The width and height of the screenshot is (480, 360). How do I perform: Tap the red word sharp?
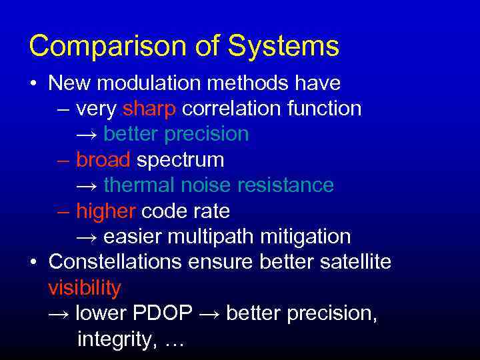click(149, 108)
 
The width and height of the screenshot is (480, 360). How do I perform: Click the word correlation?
click(231, 108)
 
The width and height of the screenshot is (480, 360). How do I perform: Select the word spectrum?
click(181, 159)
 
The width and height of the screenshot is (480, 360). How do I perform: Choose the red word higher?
click(106, 211)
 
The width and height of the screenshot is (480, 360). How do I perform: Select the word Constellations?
click(115, 262)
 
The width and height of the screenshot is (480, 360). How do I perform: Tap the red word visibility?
click(85, 288)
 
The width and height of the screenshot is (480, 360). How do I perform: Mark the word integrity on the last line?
click(115, 339)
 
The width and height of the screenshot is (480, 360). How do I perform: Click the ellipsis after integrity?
click(173, 341)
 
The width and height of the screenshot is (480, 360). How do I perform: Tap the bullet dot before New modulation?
click(33, 83)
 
